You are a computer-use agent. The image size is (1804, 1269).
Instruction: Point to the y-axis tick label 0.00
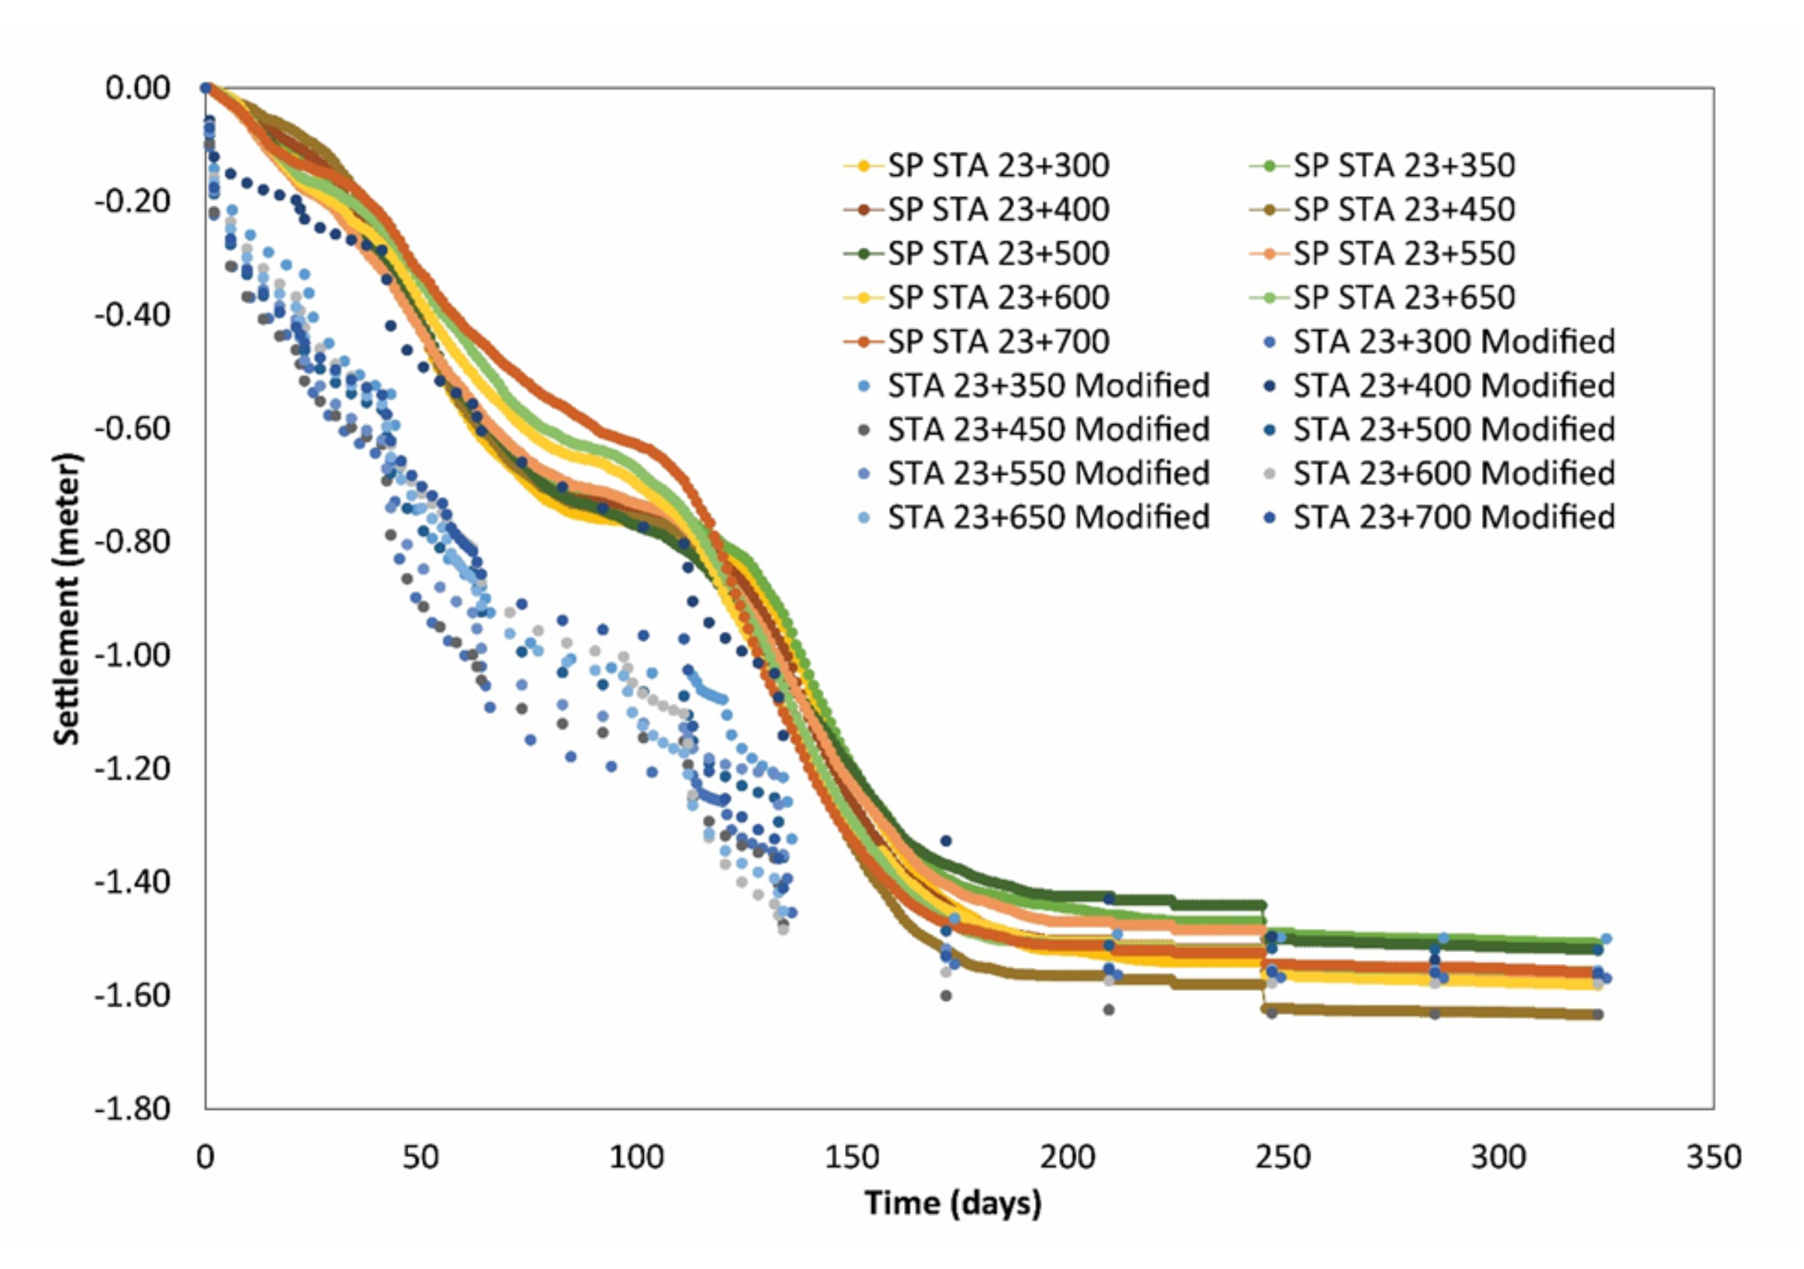(138, 88)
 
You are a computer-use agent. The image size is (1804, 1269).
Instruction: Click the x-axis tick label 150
(852, 1158)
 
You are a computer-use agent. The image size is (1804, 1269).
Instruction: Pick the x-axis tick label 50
(420, 1158)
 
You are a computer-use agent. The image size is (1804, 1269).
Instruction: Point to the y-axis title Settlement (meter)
(67, 599)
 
